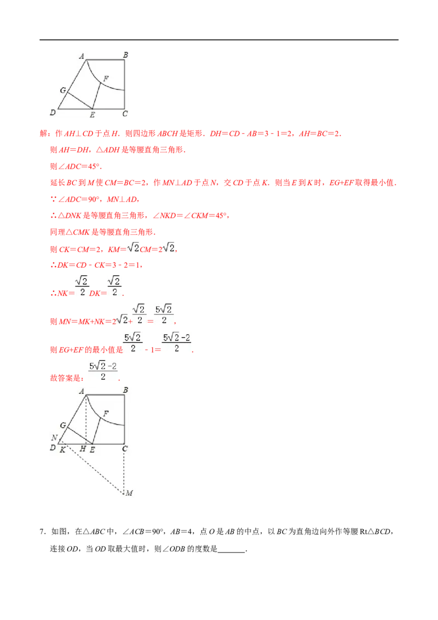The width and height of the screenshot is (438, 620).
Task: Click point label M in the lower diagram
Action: [130, 493]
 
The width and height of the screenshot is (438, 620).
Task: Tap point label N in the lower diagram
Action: [55, 437]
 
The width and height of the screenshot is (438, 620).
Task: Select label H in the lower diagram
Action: [83, 449]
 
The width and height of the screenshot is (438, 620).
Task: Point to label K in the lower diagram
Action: [62, 450]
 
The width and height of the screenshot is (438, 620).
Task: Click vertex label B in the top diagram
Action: [125, 55]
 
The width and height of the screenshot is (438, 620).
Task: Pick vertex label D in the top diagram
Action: [53, 113]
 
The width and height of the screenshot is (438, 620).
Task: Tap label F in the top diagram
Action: [106, 79]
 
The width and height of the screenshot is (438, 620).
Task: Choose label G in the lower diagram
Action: [63, 425]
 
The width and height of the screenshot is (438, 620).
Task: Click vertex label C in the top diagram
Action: [125, 114]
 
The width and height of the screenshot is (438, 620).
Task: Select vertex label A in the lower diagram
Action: [82, 392]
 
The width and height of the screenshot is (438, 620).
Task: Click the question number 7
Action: [42, 532]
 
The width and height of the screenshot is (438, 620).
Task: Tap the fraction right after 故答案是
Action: [103, 371]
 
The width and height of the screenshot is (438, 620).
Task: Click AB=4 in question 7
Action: [181, 532]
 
